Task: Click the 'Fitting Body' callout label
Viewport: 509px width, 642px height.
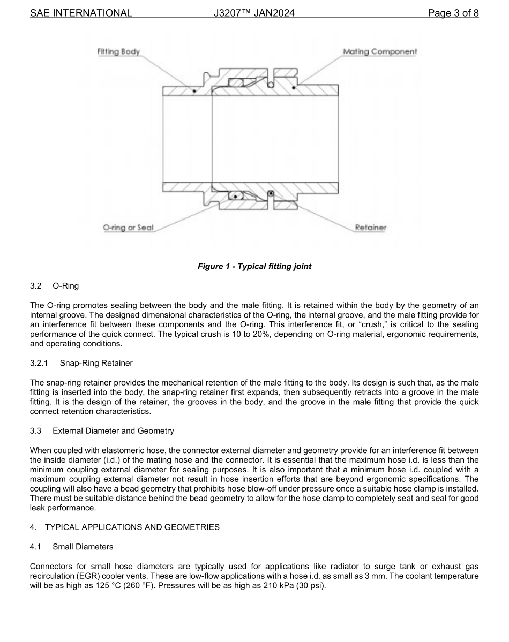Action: click(118, 51)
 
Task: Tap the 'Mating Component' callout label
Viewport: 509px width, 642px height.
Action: click(380, 51)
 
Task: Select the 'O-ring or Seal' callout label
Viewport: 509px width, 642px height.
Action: click(128, 228)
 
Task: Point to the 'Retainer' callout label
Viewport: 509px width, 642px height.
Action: click(370, 228)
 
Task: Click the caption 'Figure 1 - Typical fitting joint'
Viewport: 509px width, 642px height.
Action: click(254, 266)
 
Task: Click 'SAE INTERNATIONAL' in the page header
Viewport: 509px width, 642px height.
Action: click(81, 13)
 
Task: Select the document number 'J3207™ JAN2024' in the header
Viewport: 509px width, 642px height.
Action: click(254, 13)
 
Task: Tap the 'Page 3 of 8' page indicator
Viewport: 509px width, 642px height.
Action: click(453, 13)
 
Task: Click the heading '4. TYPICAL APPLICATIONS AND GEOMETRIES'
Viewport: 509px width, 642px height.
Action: click(125, 527)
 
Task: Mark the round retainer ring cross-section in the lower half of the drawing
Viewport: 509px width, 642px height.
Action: click(271, 193)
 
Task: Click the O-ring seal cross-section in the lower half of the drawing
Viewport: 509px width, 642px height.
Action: click(235, 196)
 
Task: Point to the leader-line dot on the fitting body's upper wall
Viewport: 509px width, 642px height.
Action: click(194, 91)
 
